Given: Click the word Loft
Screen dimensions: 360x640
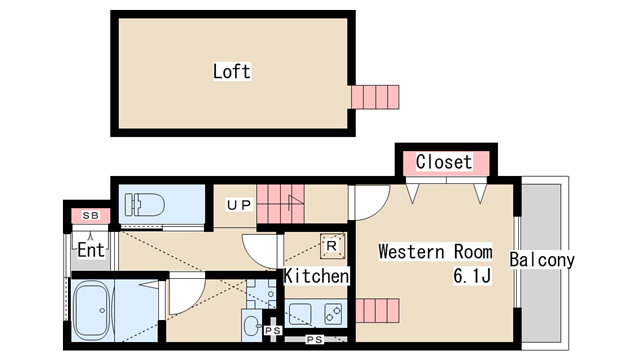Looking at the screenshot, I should (231, 72).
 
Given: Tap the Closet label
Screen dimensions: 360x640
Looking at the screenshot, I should (443, 161).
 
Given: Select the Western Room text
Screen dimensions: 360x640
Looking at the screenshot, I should (434, 252).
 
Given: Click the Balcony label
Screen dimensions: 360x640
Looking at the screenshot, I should (542, 261).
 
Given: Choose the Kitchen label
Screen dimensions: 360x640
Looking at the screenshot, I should (316, 275).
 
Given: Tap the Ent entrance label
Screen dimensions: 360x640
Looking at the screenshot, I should (90, 251).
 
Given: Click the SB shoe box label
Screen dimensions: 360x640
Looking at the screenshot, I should (90, 215).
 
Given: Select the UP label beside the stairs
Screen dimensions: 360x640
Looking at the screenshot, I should (238, 206).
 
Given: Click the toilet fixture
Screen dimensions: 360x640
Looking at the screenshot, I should (142, 206).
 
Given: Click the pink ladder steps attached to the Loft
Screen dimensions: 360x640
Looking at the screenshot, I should (375, 97).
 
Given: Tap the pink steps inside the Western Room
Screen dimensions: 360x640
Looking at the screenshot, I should (378, 311).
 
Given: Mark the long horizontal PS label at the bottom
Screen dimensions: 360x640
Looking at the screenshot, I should (313, 340).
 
